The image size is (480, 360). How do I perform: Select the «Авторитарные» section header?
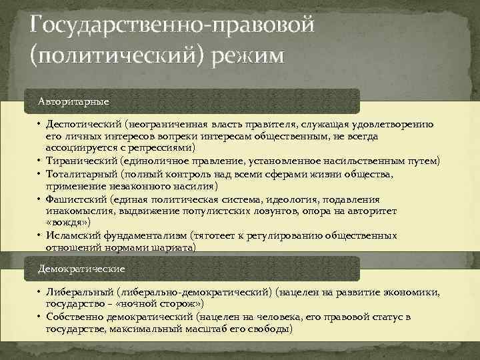point(73,101)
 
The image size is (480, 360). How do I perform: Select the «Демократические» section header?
point(81,268)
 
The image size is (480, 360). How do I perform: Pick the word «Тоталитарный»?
point(81,173)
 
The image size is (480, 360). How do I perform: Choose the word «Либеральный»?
point(79,293)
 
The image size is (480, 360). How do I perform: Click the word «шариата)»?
point(175,247)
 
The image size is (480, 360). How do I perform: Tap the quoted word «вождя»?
point(65,221)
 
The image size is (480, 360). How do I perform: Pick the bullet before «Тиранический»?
point(40,161)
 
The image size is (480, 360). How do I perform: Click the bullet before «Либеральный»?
point(40,293)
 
